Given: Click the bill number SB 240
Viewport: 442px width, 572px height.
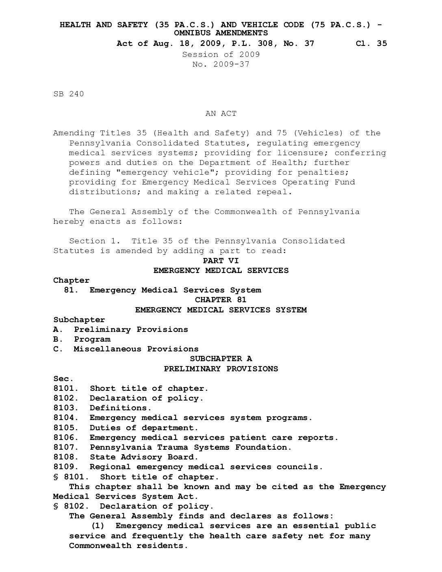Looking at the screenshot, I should point(69,94).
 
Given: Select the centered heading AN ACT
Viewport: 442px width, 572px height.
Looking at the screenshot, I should point(221,113).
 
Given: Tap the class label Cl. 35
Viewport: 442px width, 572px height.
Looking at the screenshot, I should point(371,43).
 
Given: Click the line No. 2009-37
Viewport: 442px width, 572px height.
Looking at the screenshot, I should point(221,64).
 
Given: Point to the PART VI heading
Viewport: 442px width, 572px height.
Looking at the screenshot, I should point(221,260).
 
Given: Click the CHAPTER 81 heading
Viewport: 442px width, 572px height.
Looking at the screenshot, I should point(221,300).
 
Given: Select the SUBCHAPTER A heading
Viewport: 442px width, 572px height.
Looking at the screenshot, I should point(221,359).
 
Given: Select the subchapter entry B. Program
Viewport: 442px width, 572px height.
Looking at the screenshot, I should point(82,339).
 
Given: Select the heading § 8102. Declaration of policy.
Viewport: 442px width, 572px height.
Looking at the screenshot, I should point(133,506).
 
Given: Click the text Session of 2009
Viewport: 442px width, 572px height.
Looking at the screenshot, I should point(221,54).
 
